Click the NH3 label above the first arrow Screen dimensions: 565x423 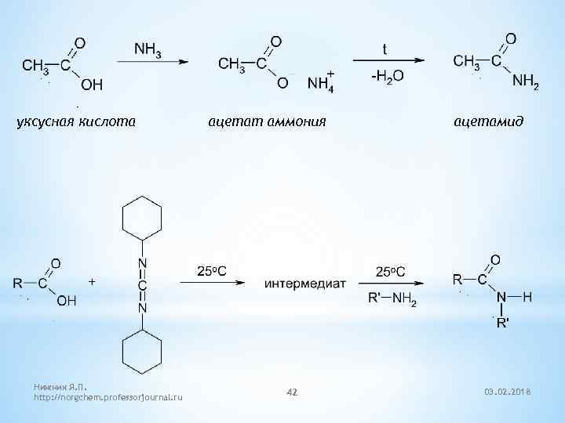click(x=149, y=49)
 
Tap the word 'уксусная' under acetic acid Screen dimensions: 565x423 click(x=46, y=121)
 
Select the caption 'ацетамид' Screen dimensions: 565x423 click(x=488, y=121)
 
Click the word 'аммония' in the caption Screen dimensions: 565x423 click(x=292, y=121)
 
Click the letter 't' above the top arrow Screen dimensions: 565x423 click(x=384, y=49)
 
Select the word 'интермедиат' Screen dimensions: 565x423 click(x=305, y=283)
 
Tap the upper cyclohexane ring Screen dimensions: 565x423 click(x=141, y=216)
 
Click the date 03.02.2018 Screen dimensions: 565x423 click(x=507, y=389)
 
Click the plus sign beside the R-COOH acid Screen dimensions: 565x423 click(x=93, y=280)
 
